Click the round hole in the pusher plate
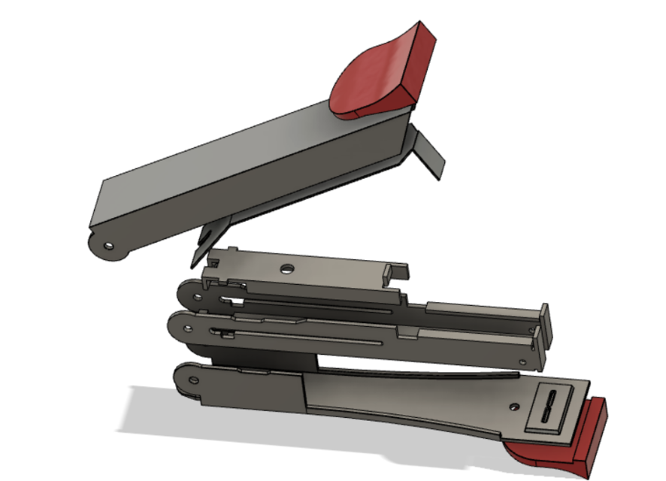286,268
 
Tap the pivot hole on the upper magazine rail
197,296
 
